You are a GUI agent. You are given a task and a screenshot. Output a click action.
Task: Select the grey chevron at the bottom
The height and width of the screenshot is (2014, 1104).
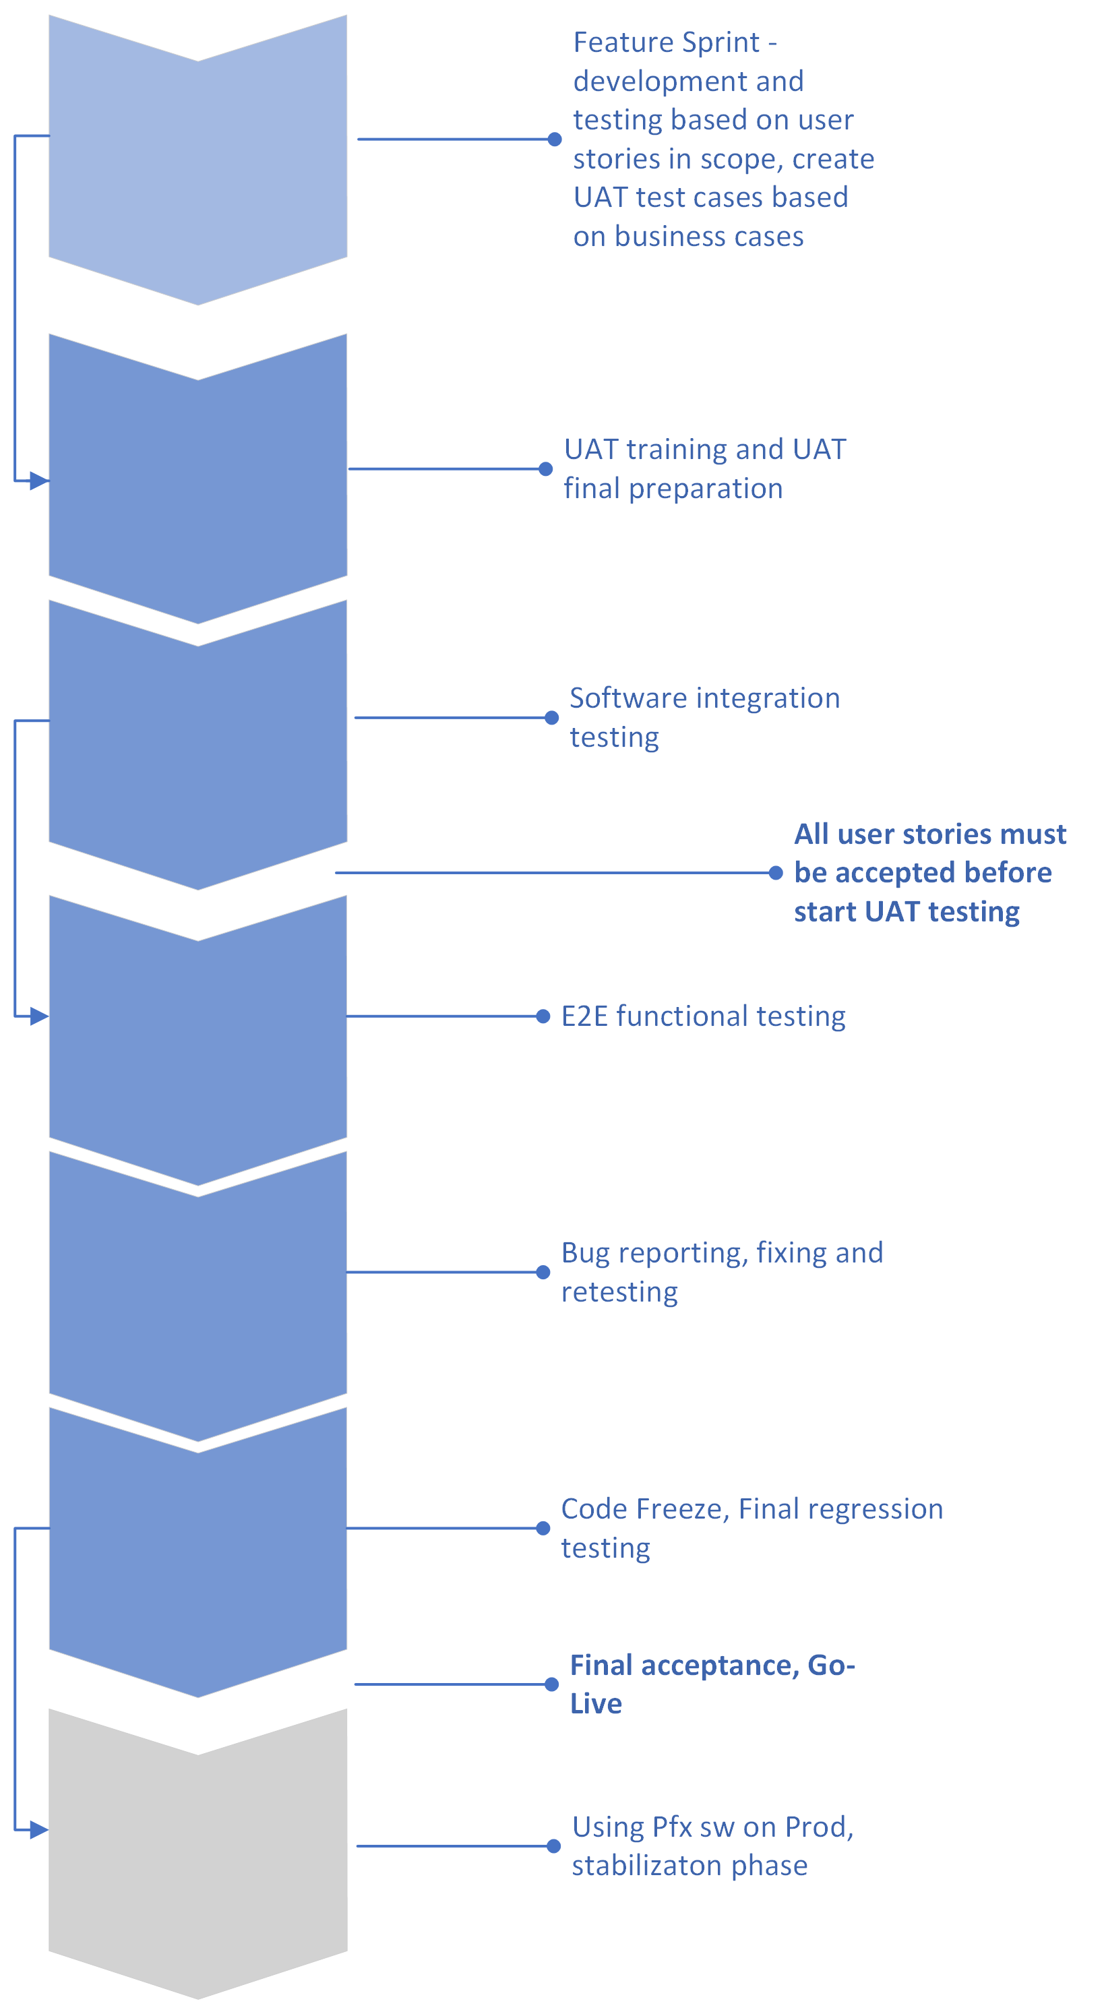tap(197, 1853)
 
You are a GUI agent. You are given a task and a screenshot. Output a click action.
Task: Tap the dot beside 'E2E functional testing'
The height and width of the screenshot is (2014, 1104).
tap(543, 1016)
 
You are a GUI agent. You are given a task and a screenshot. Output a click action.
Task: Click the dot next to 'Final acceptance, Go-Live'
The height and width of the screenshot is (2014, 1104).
tap(551, 1684)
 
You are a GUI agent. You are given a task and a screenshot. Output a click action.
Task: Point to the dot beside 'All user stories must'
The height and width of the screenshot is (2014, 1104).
tap(776, 872)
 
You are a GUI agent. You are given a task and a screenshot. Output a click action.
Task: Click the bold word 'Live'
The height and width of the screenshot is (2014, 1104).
tap(596, 1704)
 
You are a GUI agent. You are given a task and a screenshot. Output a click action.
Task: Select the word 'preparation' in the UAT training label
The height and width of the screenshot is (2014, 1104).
tap(705, 489)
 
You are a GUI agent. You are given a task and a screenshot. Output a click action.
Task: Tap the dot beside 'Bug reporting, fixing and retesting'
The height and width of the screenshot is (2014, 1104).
tap(543, 1272)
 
